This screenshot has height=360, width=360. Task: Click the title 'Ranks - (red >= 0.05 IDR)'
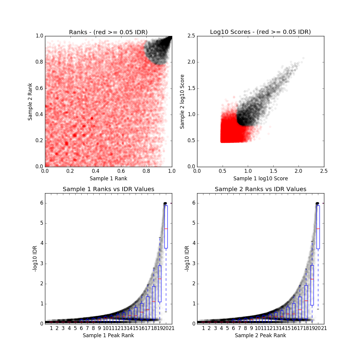pos(108,32)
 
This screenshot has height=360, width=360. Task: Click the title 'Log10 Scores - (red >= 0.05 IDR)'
pos(260,32)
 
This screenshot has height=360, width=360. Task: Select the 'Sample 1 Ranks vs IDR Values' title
pos(108,189)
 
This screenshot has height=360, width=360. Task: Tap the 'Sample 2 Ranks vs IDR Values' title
pos(260,189)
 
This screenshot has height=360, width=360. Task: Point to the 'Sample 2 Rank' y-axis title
pos(30,101)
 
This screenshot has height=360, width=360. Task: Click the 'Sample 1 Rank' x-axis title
pos(108,178)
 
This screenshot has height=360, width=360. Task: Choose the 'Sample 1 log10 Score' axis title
pos(260,178)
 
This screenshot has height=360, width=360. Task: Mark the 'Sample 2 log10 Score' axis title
pos(182,101)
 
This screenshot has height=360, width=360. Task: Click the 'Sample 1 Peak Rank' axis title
pos(108,335)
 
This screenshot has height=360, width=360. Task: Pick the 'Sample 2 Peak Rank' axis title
pos(260,335)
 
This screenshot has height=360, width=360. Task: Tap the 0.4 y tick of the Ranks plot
pos(39,115)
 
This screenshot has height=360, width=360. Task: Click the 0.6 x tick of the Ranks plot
pos(121,171)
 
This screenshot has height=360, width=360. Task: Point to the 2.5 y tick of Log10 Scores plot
pos(191,36)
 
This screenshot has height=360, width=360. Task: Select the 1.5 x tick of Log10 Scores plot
pos(273,171)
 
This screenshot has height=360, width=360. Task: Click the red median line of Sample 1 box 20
pos(166,229)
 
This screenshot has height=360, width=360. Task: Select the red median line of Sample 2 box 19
pos(312,279)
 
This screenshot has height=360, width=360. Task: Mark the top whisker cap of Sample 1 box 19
pos(160,237)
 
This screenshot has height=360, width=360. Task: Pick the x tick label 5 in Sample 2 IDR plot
pos(227,328)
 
